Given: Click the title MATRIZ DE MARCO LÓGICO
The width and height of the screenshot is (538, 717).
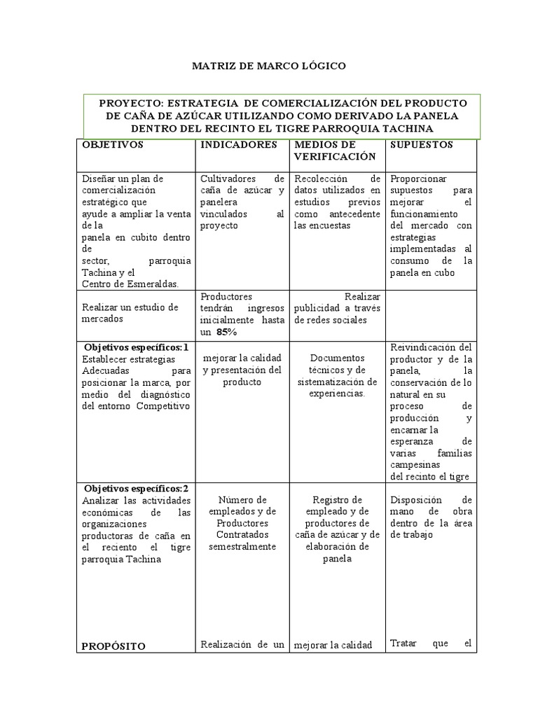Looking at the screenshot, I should [x=269, y=66].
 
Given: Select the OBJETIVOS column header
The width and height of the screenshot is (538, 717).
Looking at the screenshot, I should [x=113, y=145].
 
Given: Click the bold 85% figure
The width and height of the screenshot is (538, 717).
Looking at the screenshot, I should [x=226, y=331].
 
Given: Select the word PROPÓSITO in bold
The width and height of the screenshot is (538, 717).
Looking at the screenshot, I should [x=114, y=646].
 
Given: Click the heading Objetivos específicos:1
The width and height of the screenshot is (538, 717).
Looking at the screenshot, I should [x=137, y=347].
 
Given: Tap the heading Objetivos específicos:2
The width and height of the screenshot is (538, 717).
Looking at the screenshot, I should [x=137, y=488].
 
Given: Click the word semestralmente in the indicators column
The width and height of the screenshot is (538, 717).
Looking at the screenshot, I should [x=242, y=547].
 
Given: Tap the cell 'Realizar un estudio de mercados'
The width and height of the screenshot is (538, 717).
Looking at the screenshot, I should [x=130, y=313].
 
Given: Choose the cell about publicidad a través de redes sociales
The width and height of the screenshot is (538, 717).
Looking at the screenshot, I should [x=336, y=308].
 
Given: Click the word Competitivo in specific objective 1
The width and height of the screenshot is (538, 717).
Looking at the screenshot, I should [x=163, y=406].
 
